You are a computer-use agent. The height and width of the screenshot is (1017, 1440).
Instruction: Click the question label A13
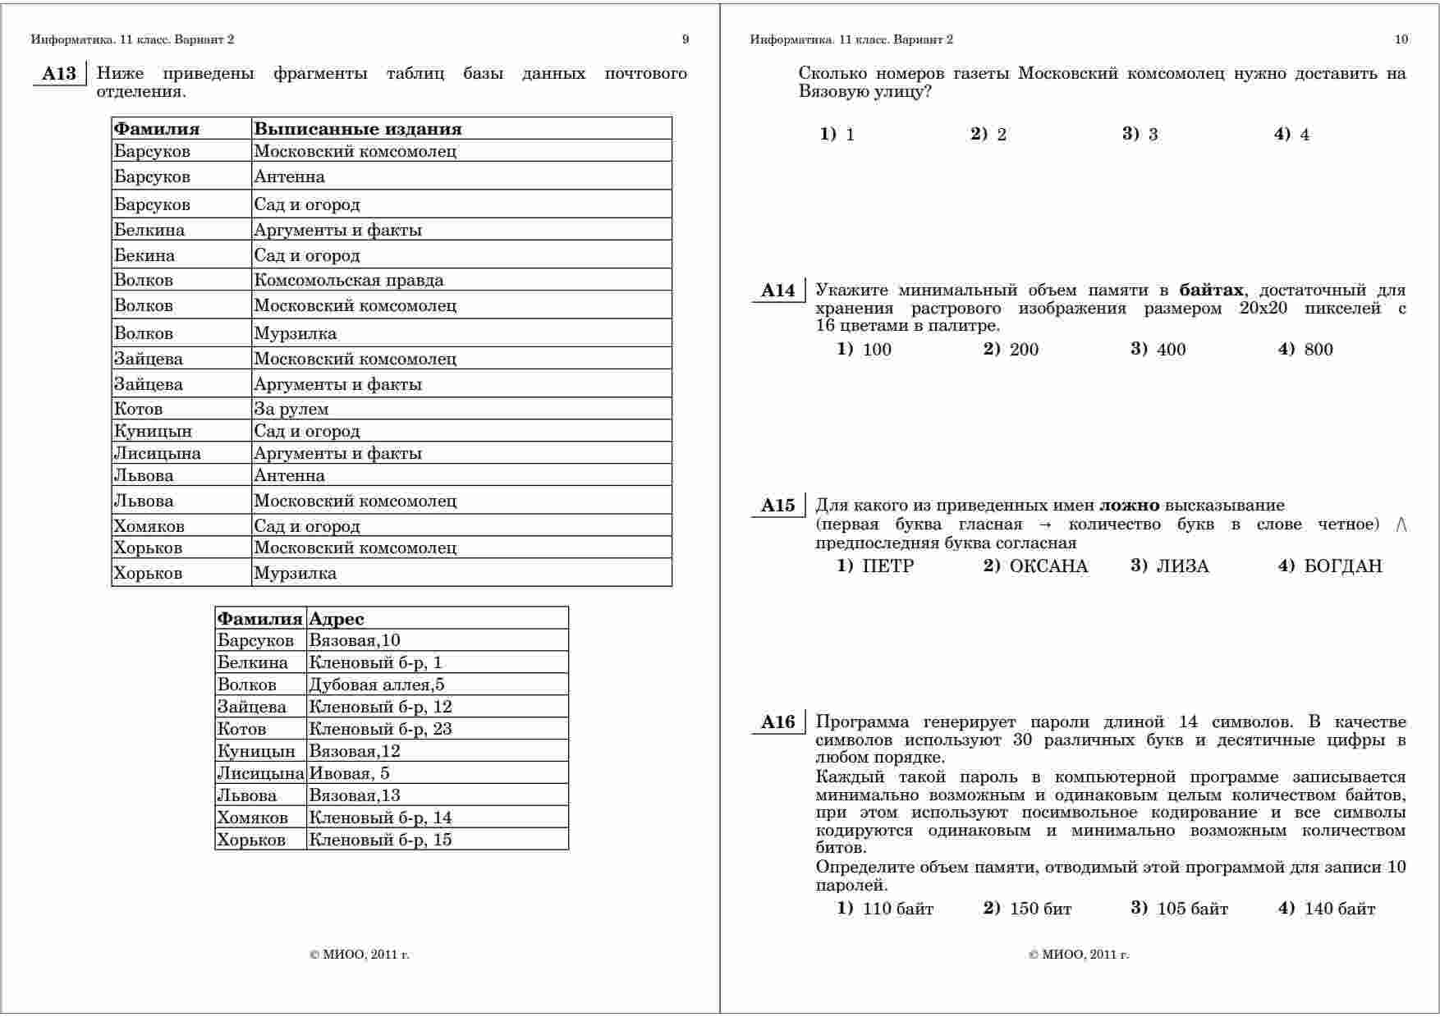coord(58,74)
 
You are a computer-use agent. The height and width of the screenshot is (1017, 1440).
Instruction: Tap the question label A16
coord(777,722)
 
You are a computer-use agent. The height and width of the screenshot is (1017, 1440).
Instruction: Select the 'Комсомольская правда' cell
coord(348,280)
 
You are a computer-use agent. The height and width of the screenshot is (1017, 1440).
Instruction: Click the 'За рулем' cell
coord(291,409)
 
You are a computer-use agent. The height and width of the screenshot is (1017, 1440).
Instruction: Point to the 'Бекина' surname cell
coord(144,255)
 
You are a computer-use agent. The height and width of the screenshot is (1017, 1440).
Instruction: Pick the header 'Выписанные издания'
coord(357,129)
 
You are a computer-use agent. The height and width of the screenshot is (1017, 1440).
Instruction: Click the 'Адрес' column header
coord(336,619)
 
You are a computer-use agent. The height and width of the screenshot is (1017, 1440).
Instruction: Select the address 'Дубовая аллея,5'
coord(376,685)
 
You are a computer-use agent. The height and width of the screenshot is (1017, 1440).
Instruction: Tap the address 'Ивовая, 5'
coord(349,773)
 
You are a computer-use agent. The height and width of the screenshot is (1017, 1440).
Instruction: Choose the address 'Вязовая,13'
coord(355,795)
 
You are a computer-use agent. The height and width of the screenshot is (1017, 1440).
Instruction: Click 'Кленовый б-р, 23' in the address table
coord(380,729)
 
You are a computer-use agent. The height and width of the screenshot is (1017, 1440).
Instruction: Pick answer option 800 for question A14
coord(1318,350)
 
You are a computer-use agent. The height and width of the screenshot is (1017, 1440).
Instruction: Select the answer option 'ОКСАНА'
coord(1048,566)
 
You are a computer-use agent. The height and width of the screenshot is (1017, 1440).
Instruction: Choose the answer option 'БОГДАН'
coord(1342,566)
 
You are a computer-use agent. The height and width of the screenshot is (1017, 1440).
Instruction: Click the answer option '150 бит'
coord(1040,909)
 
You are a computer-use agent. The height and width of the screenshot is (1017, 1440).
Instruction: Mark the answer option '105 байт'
coord(1192,909)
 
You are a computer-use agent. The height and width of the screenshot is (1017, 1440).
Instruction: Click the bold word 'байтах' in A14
coord(1211,290)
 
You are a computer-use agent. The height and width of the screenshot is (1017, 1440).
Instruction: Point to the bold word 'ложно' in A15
coord(1129,506)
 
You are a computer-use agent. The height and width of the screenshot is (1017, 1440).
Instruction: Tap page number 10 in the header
coord(1401,39)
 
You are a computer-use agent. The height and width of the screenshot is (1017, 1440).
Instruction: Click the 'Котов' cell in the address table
coord(241,729)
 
